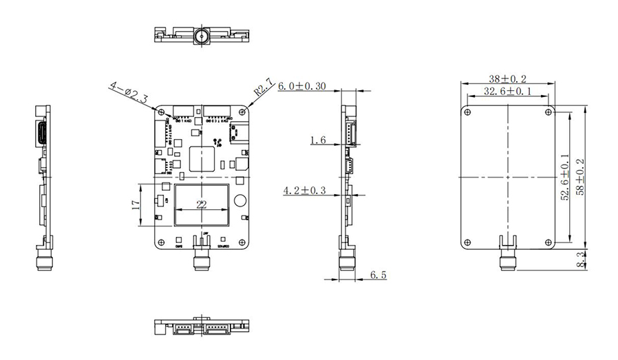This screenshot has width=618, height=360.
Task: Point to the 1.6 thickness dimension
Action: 317,140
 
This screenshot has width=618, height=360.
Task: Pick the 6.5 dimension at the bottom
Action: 378,275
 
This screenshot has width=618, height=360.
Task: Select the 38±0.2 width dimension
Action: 508,78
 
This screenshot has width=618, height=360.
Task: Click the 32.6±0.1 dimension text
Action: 508,91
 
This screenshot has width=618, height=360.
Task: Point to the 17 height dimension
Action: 136,204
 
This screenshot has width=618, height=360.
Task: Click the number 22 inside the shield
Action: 202,204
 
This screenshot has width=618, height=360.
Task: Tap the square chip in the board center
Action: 202,158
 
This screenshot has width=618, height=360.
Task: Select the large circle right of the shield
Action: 239,201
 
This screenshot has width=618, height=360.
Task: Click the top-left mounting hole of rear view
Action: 468,112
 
